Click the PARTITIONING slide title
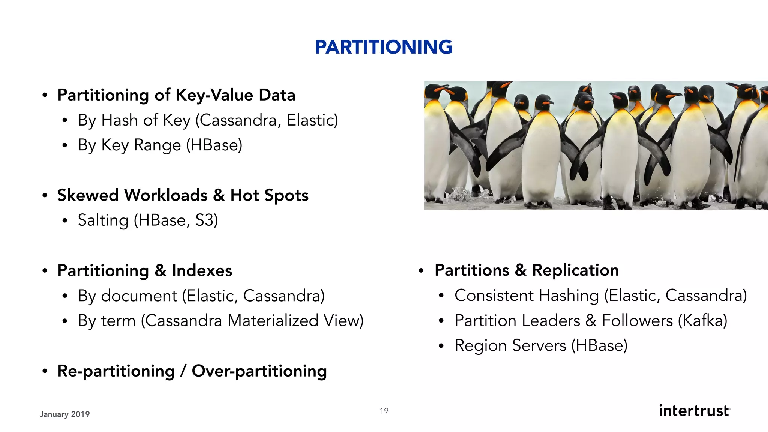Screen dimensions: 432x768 [x=384, y=47]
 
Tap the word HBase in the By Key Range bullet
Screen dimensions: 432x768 [x=214, y=145]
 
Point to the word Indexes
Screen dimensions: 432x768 [x=202, y=271]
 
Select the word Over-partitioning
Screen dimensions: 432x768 [x=259, y=371]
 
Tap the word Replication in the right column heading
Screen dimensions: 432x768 [x=575, y=270]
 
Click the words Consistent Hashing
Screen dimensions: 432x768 [x=526, y=295]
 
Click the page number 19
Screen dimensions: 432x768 [x=384, y=411]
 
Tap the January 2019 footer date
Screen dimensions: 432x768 [x=64, y=414]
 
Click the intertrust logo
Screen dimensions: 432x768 [x=694, y=411]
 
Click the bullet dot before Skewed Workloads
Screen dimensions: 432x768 [x=45, y=196]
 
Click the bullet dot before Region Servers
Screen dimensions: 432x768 [x=441, y=346]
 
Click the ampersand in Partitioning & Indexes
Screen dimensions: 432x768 [x=160, y=271]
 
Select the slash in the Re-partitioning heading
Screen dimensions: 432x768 [x=183, y=371]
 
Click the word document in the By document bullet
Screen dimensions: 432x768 [x=139, y=296]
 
